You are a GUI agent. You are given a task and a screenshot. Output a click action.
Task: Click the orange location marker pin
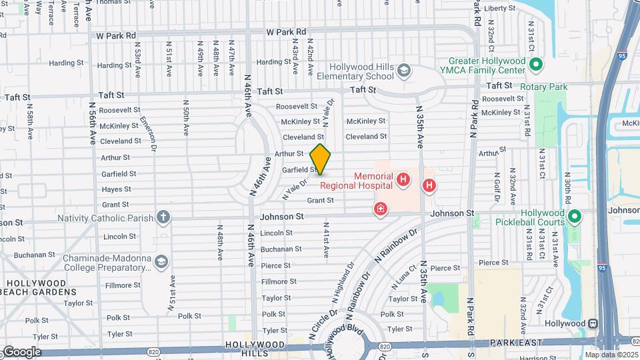320,159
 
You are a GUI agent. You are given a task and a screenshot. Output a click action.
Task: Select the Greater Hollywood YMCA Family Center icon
535,65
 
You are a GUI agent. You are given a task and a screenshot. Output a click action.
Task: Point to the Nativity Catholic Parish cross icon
163,217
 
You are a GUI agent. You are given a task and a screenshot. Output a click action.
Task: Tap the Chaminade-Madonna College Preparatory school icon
161,262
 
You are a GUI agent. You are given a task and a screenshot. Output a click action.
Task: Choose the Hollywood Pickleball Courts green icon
575,217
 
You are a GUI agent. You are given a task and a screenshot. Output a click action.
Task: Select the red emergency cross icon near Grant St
381,210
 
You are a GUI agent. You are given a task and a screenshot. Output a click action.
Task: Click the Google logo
21,352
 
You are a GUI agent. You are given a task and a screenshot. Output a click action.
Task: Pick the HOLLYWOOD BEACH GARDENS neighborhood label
37,288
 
